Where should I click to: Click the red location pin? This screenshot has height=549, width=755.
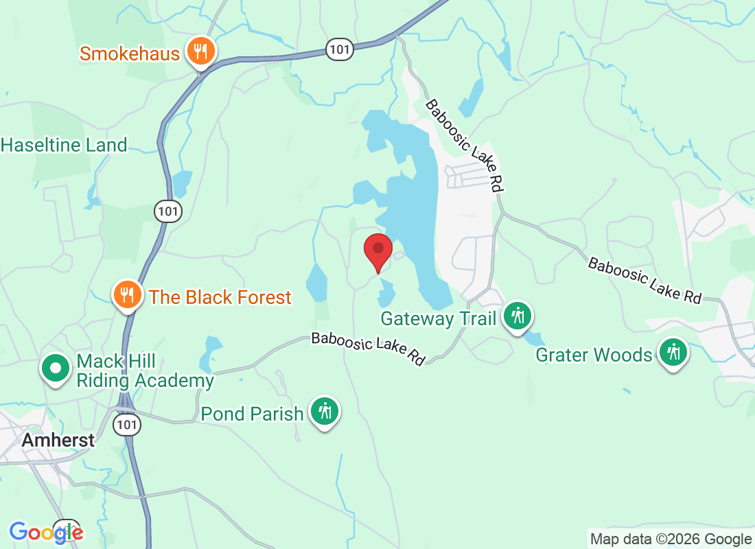(x=377, y=251)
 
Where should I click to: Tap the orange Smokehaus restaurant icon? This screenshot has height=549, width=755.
(x=200, y=52)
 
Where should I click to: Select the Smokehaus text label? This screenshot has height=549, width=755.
(x=130, y=54)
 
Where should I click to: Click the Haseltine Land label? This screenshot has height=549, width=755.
(x=64, y=145)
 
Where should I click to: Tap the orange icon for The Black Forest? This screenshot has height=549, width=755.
(x=127, y=295)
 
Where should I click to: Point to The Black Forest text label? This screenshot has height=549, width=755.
(x=220, y=297)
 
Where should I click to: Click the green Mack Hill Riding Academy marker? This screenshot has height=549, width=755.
(x=57, y=368)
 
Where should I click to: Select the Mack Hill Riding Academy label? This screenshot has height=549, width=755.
(x=145, y=371)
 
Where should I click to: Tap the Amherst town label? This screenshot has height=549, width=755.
(x=58, y=440)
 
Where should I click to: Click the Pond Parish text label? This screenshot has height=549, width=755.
(x=252, y=414)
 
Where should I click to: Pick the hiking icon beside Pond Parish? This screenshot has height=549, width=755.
(x=324, y=412)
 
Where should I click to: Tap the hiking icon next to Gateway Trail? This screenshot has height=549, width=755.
(x=518, y=316)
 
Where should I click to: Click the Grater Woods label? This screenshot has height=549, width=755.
(x=594, y=355)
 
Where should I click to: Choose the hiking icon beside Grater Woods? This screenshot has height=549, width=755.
(x=673, y=353)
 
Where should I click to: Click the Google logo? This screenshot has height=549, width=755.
(x=46, y=532)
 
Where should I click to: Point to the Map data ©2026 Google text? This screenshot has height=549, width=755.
(x=671, y=539)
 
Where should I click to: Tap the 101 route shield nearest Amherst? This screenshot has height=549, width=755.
(x=128, y=423)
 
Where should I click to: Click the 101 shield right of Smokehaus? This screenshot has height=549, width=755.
(x=340, y=49)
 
